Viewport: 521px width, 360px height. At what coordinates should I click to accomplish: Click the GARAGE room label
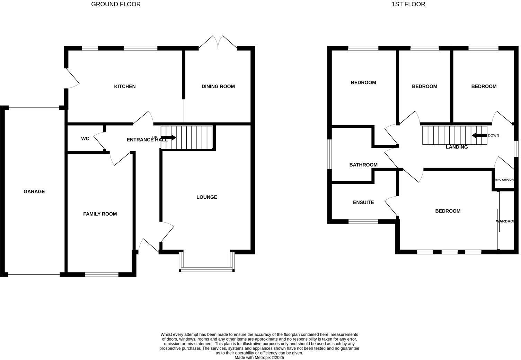click(x=34, y=191)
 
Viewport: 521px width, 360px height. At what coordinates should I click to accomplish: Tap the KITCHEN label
click(x=125, y=86)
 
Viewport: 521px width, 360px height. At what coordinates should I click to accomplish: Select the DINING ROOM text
click(x=218, y=86)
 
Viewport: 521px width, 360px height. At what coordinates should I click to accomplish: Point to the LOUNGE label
click(x=206, y=197)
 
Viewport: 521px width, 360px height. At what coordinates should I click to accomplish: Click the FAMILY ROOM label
click(x=100, y=214)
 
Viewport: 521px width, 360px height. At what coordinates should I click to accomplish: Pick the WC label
click(x=85, y=138)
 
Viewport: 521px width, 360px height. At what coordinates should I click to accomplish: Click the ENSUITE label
click(x=363, y=202)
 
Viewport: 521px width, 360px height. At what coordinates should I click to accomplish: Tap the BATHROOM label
click(x=363, y=165)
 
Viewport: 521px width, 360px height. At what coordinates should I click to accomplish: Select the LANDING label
click(x=457, y=147)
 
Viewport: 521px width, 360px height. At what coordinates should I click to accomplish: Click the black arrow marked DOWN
click(x=479, y=135)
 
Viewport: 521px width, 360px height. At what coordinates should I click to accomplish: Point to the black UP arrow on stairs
click(x=169, y=138)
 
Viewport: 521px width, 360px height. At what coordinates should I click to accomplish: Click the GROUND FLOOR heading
click(x=116, y=4)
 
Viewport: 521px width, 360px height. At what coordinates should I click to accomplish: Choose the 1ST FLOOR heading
click(x=408, y=4)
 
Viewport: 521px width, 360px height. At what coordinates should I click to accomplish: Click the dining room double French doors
click(x=218, y=42)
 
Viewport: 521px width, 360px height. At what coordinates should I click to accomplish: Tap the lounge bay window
click(x=207, y=269)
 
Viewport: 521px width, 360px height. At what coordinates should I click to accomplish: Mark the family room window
click(x=102, y=274)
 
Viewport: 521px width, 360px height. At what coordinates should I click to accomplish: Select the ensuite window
click(x=363, y=221)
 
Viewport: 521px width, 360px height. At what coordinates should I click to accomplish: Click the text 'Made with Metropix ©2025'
click(x=259, y=358)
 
